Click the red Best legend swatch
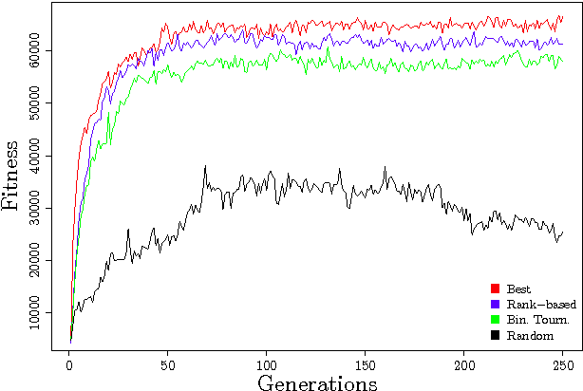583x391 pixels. point(495,289)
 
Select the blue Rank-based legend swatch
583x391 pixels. point(495,304)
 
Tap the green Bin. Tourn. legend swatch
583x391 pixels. point(495,320)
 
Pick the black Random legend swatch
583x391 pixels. point(495,336)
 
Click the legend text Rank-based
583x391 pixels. point(541,304)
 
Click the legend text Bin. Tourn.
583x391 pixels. point(538,320)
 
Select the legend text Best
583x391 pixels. point(518,289)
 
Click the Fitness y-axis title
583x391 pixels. point(12,176)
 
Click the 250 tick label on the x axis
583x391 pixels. point(563,364)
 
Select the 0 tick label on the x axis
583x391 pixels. point(69,364)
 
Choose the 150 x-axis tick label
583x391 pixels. point(366,364)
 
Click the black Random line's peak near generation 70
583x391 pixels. point(205,166)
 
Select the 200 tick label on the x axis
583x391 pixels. point(464,364)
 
